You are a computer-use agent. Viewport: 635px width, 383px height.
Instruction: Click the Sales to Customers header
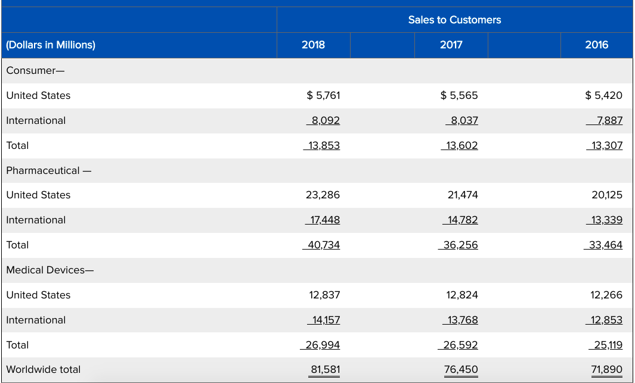(x=454, y=20)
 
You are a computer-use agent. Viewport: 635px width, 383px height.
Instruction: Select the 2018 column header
(x=313, y=45)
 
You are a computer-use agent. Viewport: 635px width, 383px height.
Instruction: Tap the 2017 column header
(x=451, y=45)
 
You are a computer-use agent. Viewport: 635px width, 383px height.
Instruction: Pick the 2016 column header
(x=596, y=45)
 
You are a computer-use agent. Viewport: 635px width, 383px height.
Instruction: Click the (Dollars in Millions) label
(x=51, y=45)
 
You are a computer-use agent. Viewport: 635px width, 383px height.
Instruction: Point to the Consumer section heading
(x=35, y=70)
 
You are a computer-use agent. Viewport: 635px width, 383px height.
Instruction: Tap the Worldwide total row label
(x=44, y=369)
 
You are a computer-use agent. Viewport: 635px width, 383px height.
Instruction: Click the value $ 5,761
(x=323, y=95)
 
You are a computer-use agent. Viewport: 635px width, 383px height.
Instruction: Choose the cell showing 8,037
(x=462, y=120)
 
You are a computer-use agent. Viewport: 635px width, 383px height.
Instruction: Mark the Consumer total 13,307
(x=605, y=145)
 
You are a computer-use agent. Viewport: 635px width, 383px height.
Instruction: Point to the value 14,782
(x=461, y=220)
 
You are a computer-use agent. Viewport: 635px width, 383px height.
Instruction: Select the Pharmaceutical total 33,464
(x=604, y=245)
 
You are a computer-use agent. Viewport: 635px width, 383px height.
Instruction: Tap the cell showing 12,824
(x=461, y=295)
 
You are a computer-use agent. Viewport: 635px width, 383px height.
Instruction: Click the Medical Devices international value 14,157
(x=324, y=320)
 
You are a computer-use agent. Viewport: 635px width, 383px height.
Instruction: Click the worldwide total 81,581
(x=326, y=369)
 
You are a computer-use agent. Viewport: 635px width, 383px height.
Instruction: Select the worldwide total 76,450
(x=461, y=369)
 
